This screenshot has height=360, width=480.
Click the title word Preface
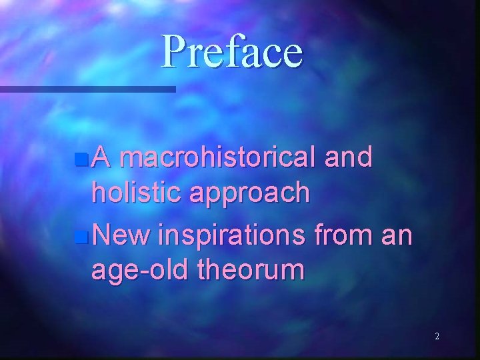click(x=232, y=51)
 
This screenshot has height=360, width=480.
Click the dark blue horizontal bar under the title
click(x=87, y=89)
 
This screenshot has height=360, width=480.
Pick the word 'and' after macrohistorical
click(x=349, y=159)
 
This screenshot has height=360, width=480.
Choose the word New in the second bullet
click(x=121, y=235)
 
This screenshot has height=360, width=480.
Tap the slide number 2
click(x=437, y=337)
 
